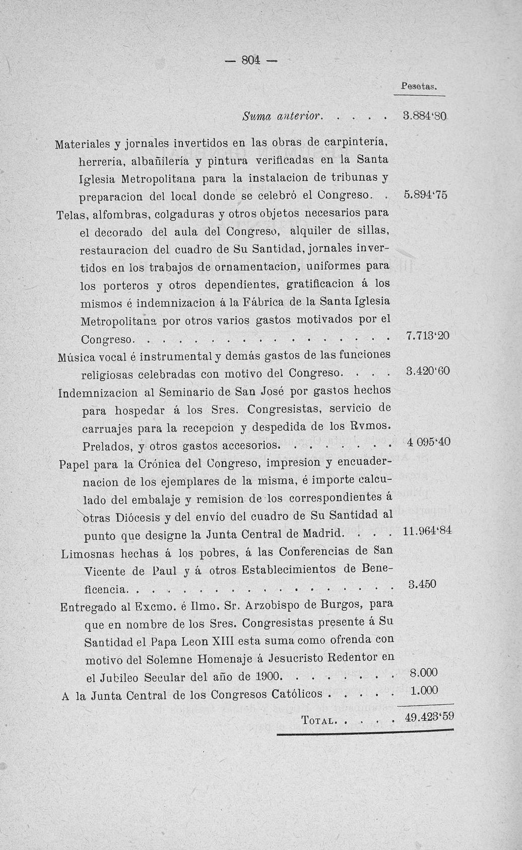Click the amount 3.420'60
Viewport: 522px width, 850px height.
click(427, 372)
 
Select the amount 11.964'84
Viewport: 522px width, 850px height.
click(427, 532)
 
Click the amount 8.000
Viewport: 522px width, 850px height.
click(424, 673)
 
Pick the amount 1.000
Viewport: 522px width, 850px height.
click(424, 691)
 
